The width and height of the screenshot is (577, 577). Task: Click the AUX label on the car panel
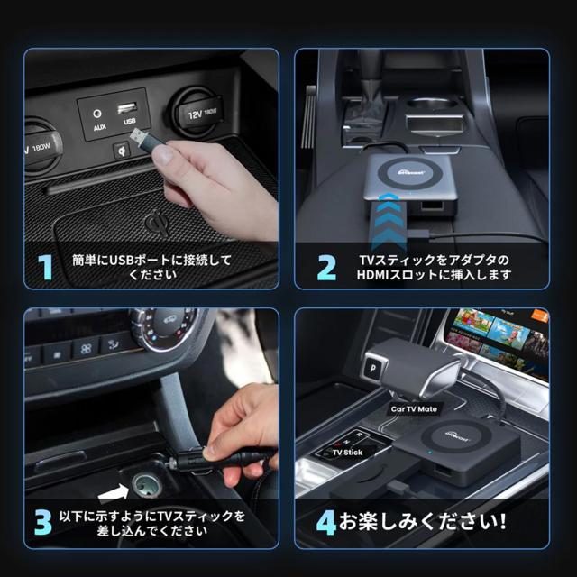click(99, 128)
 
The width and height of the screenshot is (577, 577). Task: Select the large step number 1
click(42, 268)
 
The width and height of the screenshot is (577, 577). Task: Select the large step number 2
click(325, 268)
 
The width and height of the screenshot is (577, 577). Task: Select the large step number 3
click(42, 523)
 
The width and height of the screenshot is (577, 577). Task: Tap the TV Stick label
click(347, 453)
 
